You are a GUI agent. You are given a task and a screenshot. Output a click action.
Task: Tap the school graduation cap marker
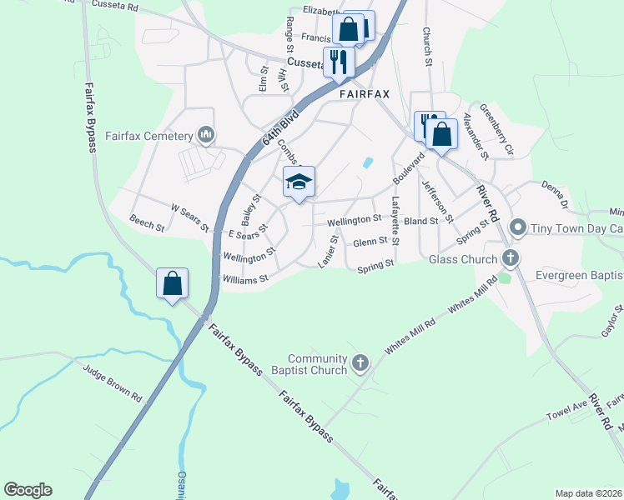[299, 182]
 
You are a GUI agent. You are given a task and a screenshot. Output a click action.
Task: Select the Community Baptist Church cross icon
[360, 362]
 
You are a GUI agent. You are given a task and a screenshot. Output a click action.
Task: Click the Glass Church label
[463, 259]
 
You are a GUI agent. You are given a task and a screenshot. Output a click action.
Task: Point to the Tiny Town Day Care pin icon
[518, 227]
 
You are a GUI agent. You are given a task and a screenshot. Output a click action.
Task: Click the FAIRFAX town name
[365, 95]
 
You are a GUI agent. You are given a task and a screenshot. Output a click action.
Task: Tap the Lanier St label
[328, 251]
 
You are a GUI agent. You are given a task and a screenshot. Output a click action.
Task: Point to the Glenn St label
[370, 242]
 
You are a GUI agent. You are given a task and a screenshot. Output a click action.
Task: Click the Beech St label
[147, 222]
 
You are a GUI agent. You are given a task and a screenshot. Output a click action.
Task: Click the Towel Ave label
[567, 407]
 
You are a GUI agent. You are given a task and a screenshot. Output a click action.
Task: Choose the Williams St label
[244, 278]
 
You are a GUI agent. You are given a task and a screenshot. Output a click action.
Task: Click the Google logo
[28, 490]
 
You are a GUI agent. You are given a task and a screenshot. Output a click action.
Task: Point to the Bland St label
[420, 221]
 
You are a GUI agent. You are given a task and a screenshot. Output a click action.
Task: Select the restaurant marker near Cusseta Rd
[339, 62]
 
